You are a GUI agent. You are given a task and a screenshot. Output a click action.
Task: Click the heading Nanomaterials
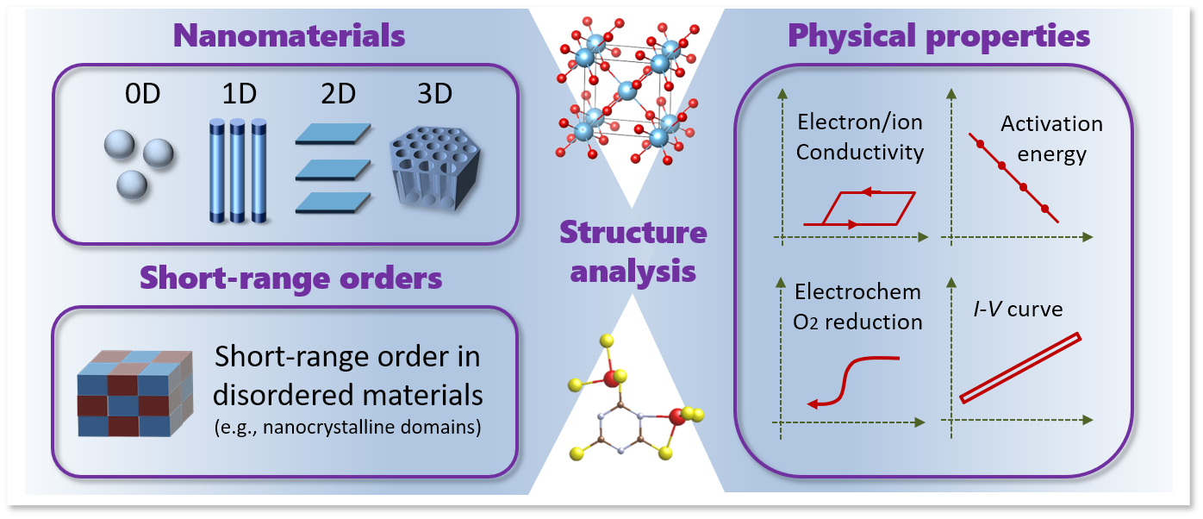tap(289, 36)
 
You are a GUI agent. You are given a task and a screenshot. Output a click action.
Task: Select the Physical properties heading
tap(939, 36)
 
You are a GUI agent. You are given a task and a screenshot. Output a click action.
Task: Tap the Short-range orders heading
tap(291, 278)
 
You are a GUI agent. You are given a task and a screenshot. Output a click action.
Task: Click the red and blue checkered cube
tap(129, 395)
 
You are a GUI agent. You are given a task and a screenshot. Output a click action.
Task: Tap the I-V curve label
tap(1013, 309)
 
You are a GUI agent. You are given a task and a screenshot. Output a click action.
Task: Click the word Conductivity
tap(859, 153)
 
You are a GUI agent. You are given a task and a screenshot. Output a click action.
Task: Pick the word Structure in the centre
tap(633, 233)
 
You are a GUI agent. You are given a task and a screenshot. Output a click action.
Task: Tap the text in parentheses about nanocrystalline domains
tap(346, 427)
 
